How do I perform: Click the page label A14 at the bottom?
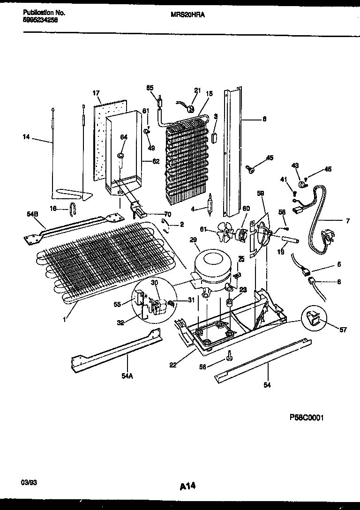tap(187, 487)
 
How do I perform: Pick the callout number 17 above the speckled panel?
tap(96, 93)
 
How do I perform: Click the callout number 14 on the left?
tap(25, 137)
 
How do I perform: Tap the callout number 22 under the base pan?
tap(173, 365)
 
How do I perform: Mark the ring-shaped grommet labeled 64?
tap(120, 155)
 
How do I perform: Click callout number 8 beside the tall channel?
tap(264, 119)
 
